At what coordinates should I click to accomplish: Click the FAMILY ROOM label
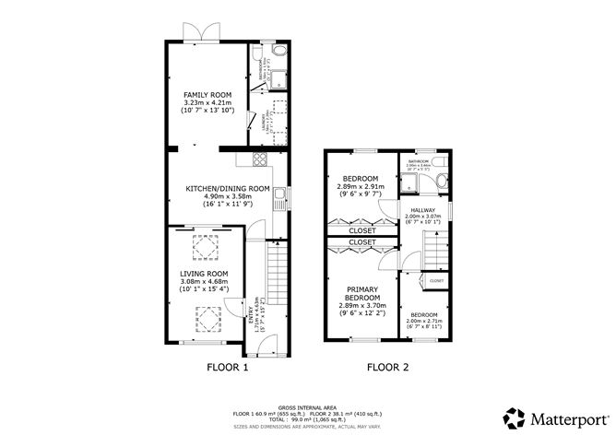207,95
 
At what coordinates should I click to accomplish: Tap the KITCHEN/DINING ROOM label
228,188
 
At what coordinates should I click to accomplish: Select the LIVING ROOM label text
204,274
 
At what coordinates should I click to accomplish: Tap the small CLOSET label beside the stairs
436,280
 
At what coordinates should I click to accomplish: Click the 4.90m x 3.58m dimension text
228,196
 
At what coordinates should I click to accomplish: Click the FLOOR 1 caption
226,367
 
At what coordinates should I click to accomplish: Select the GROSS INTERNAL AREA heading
308,405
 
